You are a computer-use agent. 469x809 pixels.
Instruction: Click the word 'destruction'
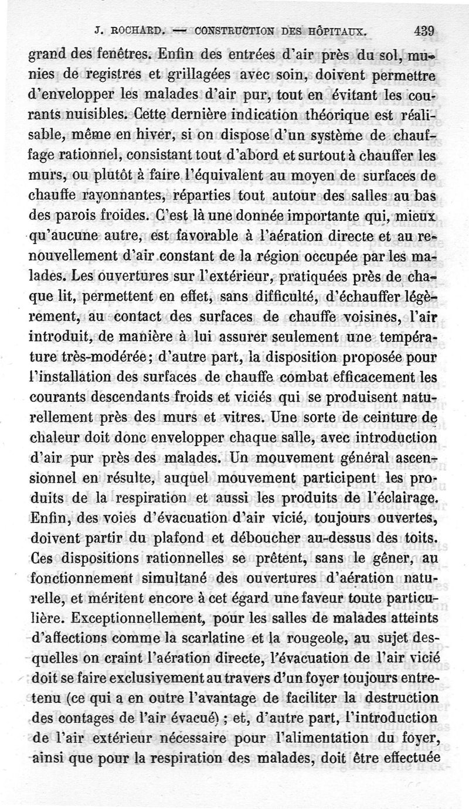pyautogui.click(x=407, y=699)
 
